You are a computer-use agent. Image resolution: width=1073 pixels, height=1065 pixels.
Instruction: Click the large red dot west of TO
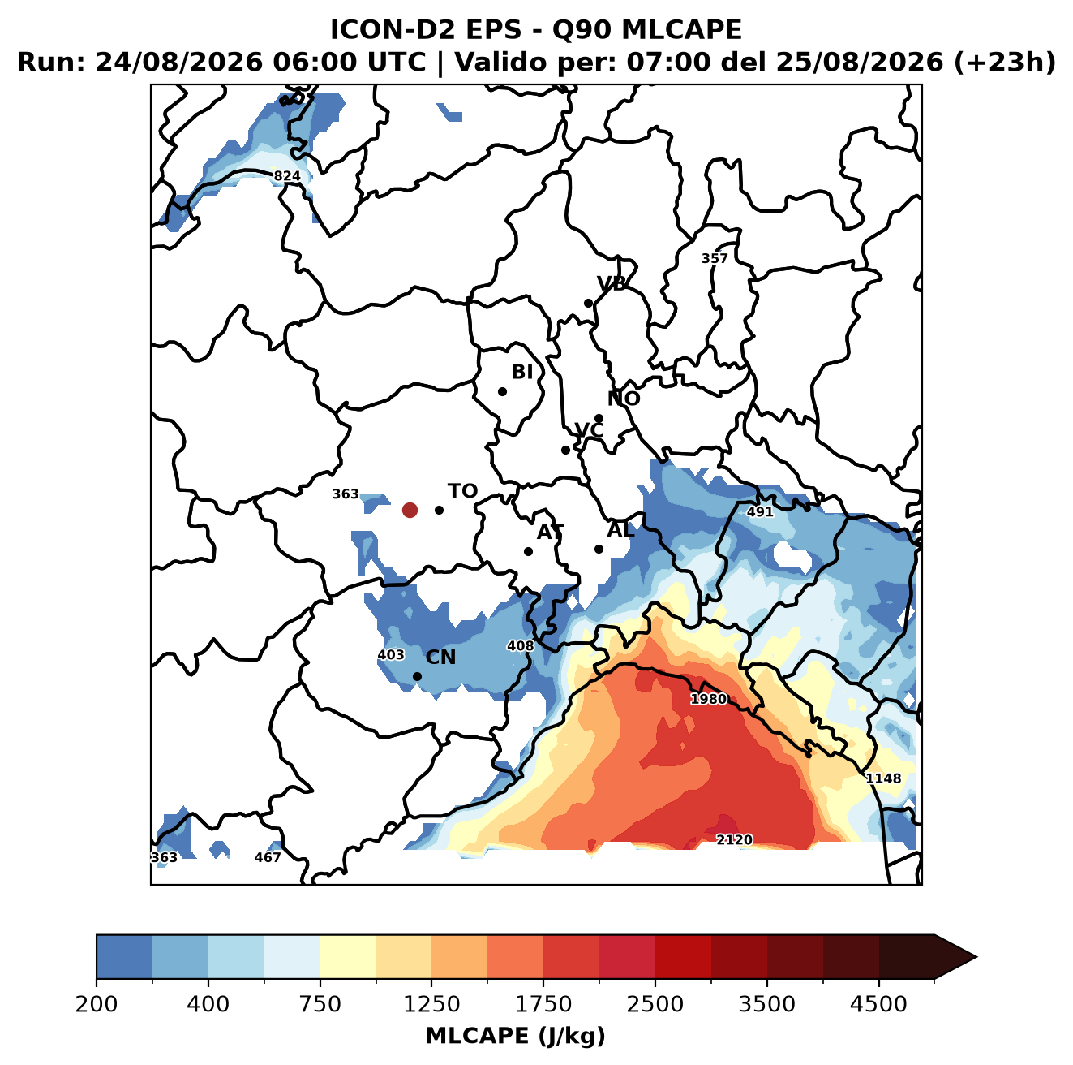410,510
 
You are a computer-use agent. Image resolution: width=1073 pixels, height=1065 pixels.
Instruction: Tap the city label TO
462,491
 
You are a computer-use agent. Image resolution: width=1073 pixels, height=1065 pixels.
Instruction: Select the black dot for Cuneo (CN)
417,676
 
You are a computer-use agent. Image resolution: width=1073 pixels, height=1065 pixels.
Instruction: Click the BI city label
521,372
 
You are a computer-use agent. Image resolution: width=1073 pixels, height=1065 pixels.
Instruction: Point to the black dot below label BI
502,391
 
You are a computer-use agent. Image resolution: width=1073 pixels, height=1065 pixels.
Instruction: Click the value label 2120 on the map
734,839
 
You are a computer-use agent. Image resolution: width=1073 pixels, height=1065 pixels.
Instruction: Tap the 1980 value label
708,699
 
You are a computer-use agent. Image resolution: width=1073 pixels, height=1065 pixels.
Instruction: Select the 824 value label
287,176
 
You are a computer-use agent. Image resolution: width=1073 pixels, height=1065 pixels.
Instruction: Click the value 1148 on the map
882,778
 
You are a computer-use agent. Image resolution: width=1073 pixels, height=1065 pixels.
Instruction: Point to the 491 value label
759,511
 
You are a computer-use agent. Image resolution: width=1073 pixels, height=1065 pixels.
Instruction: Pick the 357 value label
715,259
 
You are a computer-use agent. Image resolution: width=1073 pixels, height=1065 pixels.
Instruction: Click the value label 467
268,857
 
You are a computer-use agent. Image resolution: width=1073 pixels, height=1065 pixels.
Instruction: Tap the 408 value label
520,645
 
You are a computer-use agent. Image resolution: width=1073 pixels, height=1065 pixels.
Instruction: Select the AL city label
620,529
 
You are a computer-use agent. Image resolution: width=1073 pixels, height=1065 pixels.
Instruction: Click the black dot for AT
528,551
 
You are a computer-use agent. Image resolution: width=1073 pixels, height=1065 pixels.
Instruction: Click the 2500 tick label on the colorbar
655,1003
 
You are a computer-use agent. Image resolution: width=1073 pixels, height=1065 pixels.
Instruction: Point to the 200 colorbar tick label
97,1003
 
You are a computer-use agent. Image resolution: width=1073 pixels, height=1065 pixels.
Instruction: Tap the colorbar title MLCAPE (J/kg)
515,1036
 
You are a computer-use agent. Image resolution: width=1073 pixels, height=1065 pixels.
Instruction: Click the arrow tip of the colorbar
976,957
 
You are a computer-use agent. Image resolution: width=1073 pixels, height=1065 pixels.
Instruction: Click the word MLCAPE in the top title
681,30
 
